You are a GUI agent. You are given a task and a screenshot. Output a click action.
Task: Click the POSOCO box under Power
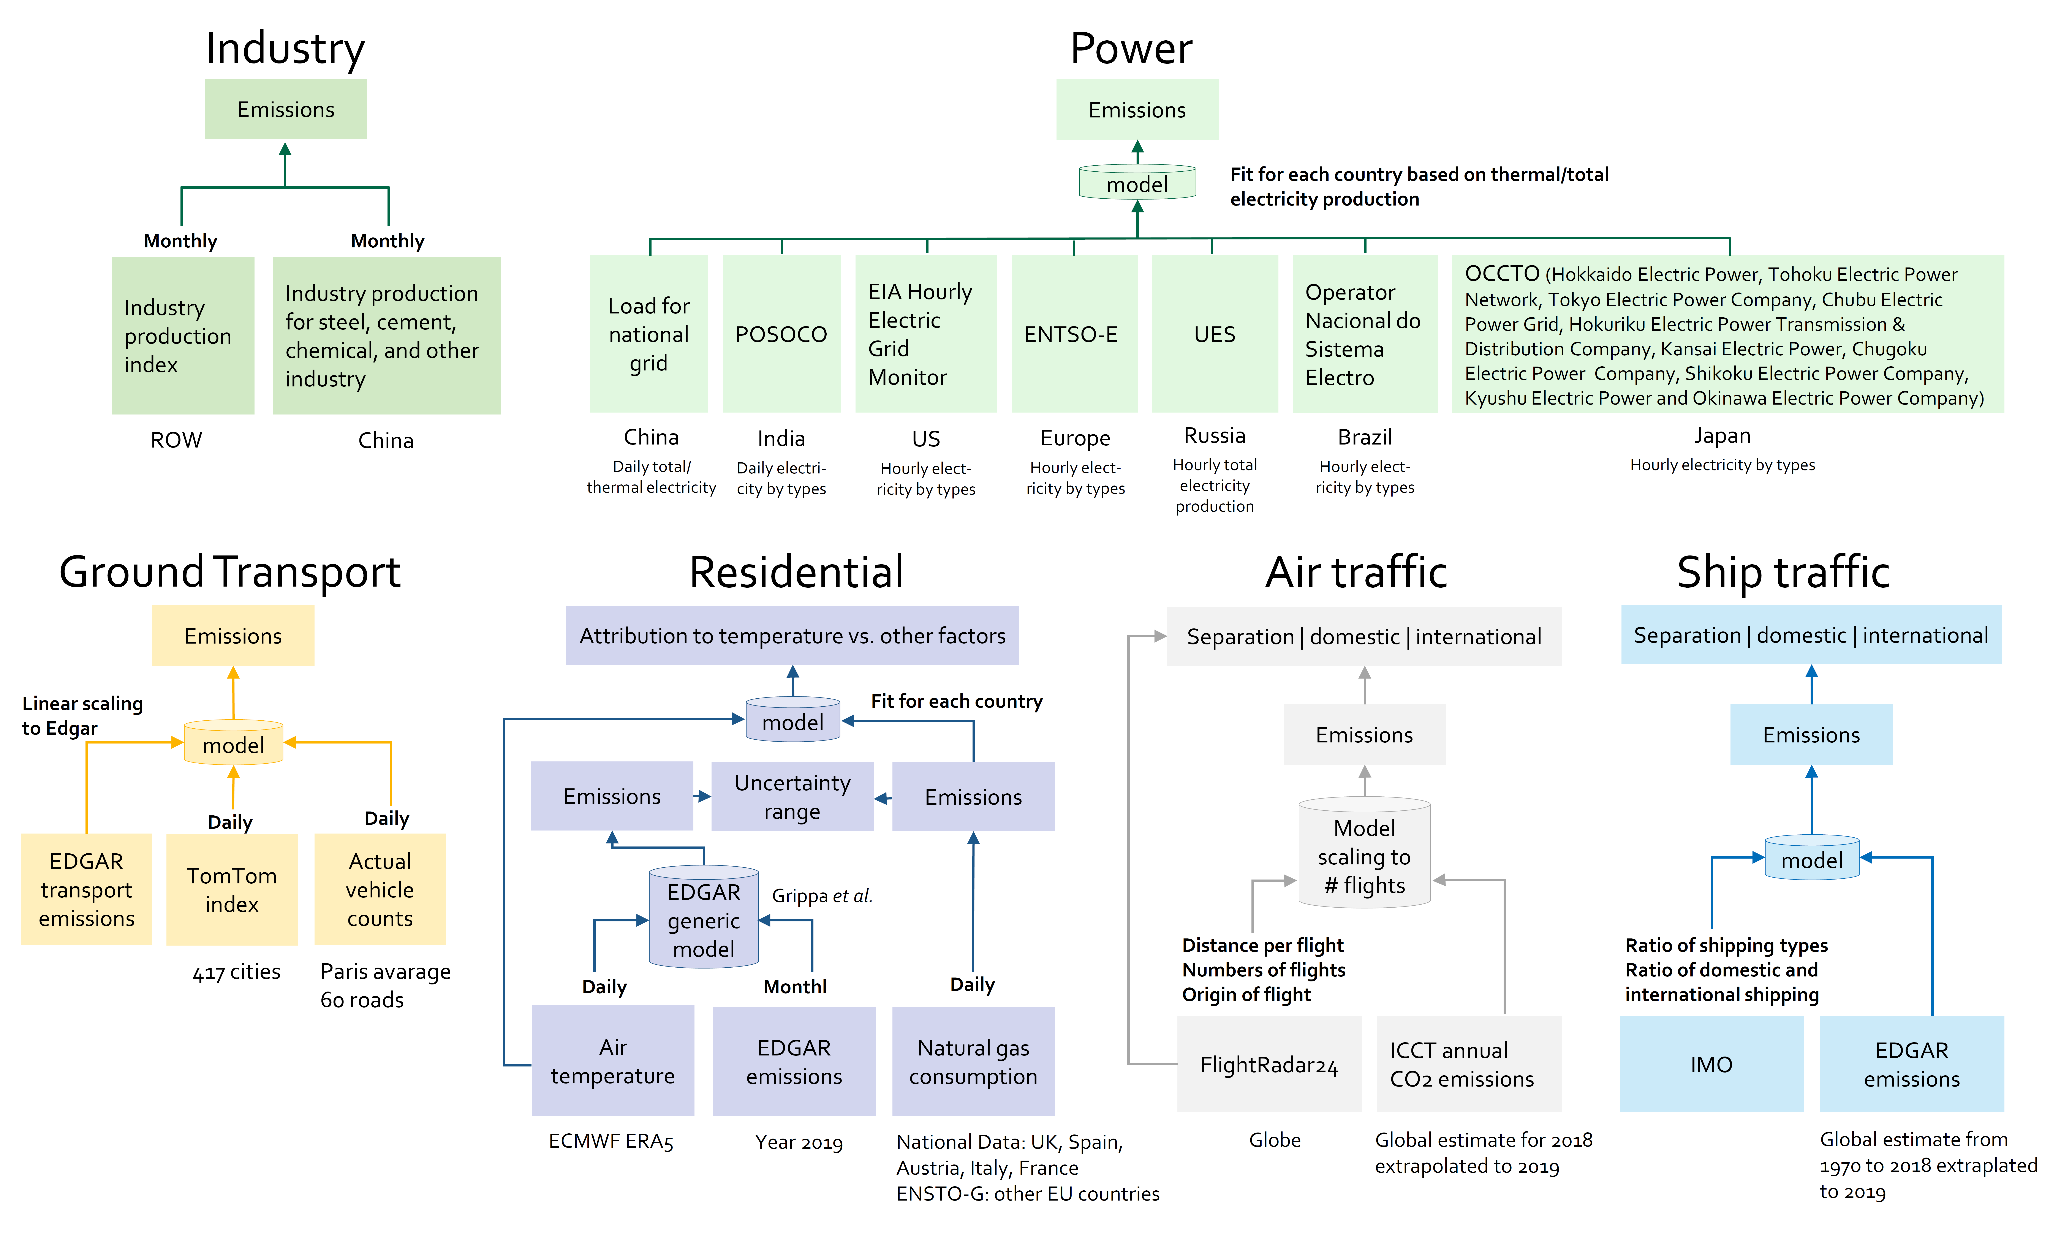781,334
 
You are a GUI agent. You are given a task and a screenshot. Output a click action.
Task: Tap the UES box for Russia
1215,334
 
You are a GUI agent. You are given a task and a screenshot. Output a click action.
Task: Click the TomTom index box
232,889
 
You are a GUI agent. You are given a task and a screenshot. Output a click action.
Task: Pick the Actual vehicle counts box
380,889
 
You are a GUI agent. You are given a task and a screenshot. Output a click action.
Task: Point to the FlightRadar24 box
1269,1064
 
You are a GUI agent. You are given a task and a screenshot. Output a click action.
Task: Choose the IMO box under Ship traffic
1711,1064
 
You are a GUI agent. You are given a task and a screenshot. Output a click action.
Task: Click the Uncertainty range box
792,796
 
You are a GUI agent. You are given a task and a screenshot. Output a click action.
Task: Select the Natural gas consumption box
973,1062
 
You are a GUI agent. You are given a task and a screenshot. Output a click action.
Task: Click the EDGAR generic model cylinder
704,918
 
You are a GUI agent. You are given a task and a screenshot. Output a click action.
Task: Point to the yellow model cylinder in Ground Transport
233,742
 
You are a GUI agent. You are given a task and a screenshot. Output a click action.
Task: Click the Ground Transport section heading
230,572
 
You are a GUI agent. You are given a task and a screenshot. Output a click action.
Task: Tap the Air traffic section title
1356,572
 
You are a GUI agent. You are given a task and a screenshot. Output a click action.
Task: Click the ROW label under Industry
177,440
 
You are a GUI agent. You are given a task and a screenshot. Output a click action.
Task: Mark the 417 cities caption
237,972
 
